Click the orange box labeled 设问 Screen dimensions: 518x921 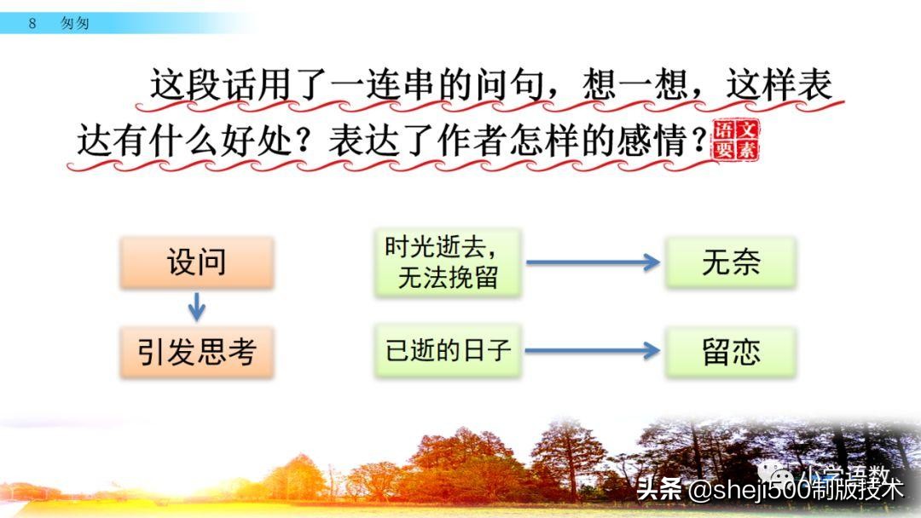coord(197,262)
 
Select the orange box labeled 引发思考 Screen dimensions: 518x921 coord(197,352)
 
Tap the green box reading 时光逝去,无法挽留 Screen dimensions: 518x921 coord(447,262)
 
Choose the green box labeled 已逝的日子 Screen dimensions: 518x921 coord(447,351)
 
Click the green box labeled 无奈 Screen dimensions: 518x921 coord(731,262)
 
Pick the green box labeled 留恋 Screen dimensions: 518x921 coord(731,352)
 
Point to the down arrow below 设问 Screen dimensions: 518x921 coord(197,307)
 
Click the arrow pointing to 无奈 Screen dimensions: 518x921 coord(593,262)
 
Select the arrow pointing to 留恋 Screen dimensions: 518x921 coord(593,350)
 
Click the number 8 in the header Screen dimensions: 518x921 coord(32,23)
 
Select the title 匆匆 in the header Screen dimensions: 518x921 coord(75,23)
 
